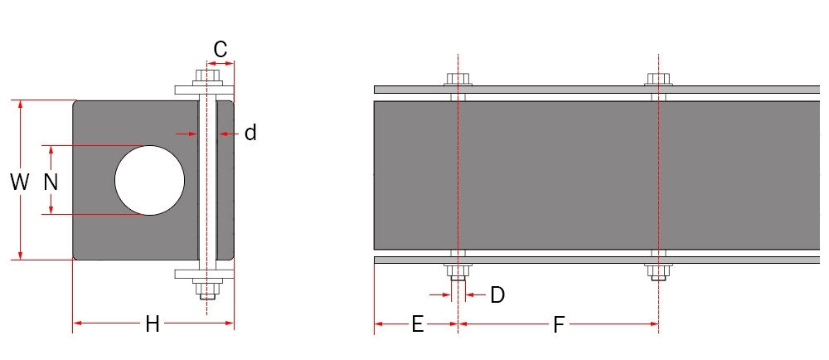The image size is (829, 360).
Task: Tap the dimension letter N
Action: coord(51,182)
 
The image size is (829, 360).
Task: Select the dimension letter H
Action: coord(153,324)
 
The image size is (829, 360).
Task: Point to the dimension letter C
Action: coord(221,50)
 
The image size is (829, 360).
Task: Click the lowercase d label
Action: coord(250,133)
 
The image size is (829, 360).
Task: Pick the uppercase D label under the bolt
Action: coord(497,294)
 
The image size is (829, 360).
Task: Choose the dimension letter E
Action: coord(417,324)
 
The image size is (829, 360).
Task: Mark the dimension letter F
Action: coord(559,324)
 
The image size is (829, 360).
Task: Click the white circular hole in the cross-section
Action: coord(149,180)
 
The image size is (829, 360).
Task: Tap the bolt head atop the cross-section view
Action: coord(207,77)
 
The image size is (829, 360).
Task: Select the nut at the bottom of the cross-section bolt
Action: coord(207,288)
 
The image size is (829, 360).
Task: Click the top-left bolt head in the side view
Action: coord(458,80)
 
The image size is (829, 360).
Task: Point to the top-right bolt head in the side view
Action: coord(659,80)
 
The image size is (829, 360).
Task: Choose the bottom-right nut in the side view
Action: coord(659,270)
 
